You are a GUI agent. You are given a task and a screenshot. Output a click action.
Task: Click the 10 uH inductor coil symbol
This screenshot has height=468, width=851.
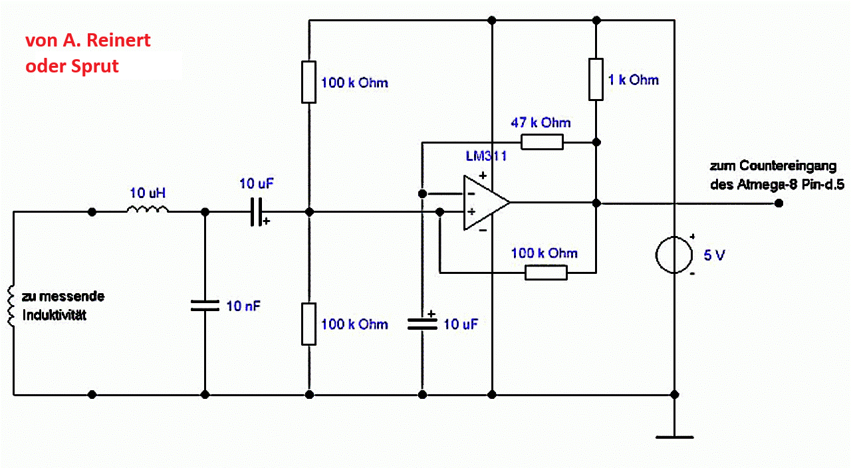(148, 211)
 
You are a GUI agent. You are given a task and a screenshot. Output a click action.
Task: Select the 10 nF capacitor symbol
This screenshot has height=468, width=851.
(204, 305)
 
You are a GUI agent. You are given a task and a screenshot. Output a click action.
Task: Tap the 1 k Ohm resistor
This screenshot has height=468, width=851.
(596, 79)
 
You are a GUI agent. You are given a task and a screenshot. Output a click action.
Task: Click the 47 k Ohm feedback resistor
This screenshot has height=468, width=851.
(542, 142)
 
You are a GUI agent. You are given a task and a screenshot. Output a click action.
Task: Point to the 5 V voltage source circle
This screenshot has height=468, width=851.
(674, 255)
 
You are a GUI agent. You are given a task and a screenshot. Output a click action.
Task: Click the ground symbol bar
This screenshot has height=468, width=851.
(674, 437)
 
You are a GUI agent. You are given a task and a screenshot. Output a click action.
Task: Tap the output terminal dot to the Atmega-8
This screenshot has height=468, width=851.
(779, 203)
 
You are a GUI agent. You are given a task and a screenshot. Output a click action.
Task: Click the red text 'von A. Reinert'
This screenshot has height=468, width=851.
(88, 41)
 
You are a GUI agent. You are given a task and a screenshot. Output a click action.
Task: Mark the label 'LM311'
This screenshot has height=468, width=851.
(487, 157)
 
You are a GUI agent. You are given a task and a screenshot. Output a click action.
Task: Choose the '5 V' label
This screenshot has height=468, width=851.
(715, 255)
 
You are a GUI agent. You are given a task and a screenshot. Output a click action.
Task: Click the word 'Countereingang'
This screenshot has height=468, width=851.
(788, 166)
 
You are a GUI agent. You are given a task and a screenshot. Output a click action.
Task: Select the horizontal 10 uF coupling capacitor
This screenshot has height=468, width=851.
(255, 211)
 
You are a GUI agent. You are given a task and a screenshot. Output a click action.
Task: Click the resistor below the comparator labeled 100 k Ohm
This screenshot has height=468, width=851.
(546, 272)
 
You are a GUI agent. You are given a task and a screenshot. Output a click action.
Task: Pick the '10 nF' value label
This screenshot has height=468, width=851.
(243, 306)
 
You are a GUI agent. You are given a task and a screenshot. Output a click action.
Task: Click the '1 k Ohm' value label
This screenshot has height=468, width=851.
(634, 80)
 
